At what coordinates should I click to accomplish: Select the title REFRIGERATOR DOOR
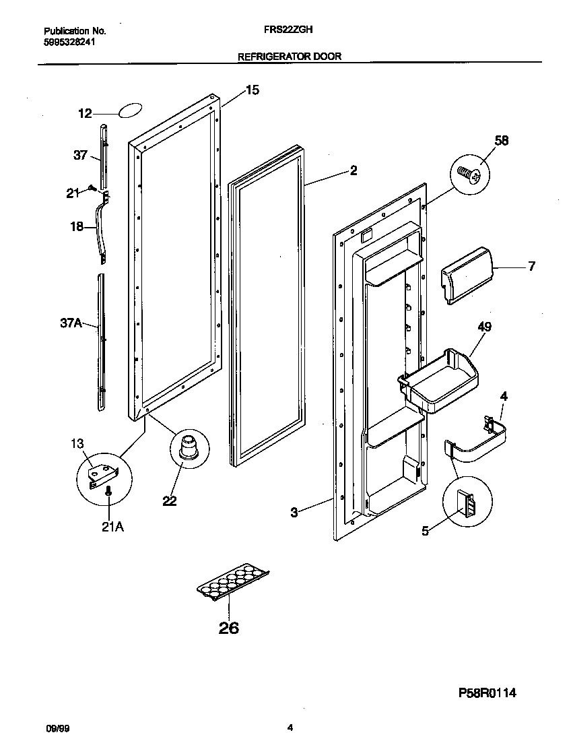tap(290, 57)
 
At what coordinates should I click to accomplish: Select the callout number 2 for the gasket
tap(353, 170)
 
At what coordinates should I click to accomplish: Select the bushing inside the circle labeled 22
tap(186, 447)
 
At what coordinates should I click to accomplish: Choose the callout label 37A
tap(71, 324)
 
